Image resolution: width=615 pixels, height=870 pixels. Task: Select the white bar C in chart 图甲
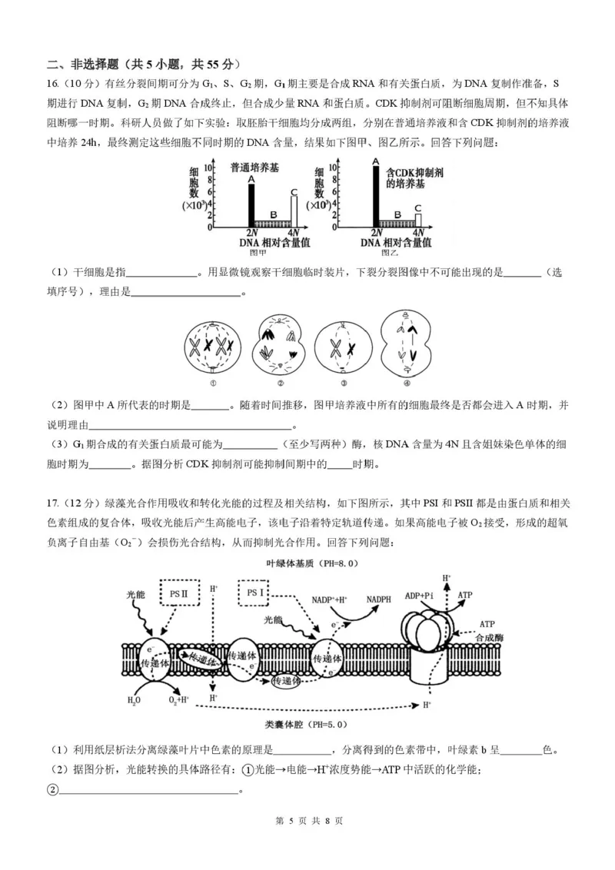click(293, 211)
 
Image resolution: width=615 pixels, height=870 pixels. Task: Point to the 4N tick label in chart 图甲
click(293, 233)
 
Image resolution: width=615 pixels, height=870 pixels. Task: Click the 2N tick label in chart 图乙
click(376, 233)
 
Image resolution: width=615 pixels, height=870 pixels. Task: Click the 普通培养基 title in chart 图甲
click(254, 167)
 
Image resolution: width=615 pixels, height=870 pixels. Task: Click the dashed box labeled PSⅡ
click(179, 593)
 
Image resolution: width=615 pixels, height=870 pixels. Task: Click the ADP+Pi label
click(419, 596)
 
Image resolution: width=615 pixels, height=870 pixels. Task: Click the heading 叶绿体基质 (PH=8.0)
click(306, 563)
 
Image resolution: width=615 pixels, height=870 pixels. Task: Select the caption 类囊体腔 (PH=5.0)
click(307, 725)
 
